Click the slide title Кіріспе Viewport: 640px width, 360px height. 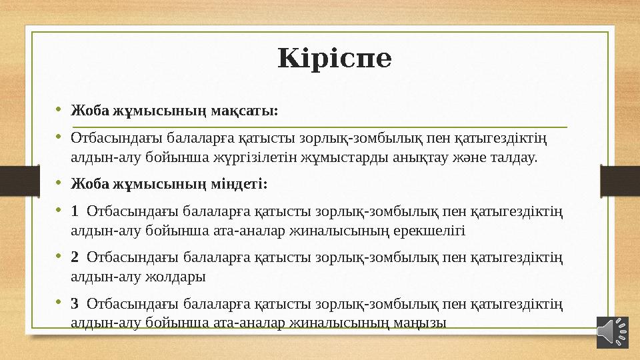(x=335, y=59)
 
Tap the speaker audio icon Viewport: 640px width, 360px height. (x=612, y=331)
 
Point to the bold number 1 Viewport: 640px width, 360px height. (x=75, y=211)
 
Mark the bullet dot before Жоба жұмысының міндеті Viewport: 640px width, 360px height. (x=59, y=181)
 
